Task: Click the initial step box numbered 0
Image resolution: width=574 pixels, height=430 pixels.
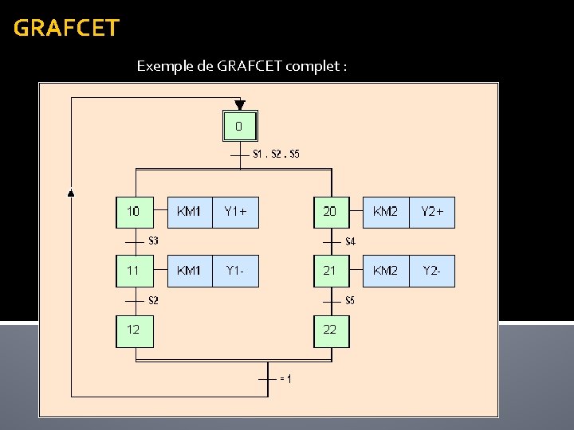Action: tap(239, 126)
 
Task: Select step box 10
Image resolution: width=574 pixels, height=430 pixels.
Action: tap(134, 212)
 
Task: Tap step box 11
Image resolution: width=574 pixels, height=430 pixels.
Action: tap(134, 271)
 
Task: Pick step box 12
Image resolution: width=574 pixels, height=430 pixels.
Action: tap(134, 330)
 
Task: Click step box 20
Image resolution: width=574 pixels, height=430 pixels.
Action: tap(331, 212)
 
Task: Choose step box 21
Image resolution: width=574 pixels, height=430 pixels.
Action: tap(331, 271)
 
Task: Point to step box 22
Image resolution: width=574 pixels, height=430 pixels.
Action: tap(331, 330)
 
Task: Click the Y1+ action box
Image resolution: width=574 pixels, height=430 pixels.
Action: tap(236, 212)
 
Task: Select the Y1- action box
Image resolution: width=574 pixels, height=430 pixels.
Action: tap(236, 271)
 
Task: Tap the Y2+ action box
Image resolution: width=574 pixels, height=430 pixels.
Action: tap(432, 212)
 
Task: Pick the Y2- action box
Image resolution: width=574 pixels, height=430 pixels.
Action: tap(432, 271)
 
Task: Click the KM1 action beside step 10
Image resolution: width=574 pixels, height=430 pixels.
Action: tap(190, 212)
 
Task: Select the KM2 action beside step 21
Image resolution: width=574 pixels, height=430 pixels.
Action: tap(386, 271)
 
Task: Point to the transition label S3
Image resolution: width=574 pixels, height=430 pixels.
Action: tap(154, 240)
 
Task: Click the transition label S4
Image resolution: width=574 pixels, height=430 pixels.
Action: tap(350, 240)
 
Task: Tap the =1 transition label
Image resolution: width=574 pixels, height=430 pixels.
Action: tap(285, 379)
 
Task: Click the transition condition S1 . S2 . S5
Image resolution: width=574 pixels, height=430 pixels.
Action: tap(276, 154)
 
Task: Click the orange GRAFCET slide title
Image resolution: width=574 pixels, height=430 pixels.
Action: tap(66, 29)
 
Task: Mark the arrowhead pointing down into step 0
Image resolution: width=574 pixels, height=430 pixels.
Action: tap(239, 104)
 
